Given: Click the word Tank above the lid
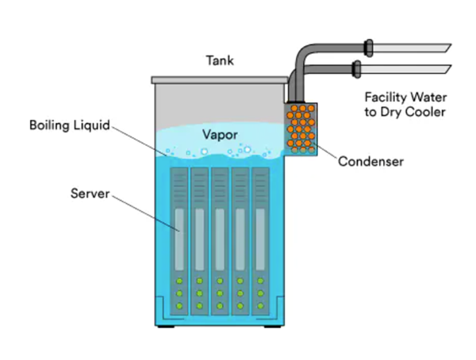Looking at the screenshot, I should [x=219, y=60].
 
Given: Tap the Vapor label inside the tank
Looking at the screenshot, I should [x=219, y=134].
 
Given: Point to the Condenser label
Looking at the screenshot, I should [x=371, y=162].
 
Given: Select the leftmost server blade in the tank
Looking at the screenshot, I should [x=178, y=238].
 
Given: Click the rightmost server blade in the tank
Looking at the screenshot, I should [x=260, y=238].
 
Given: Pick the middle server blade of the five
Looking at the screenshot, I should [x=220, y=238].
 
